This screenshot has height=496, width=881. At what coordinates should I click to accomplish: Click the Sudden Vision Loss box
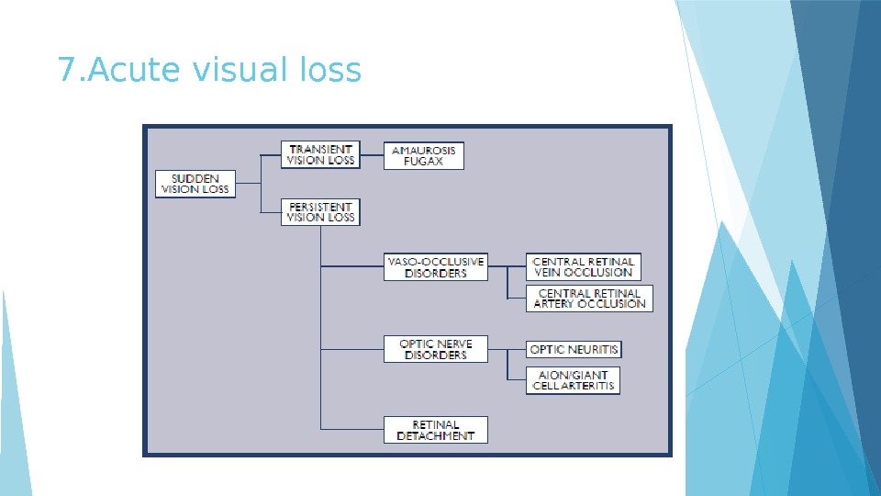195,183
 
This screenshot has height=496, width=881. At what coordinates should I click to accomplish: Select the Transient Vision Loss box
320,154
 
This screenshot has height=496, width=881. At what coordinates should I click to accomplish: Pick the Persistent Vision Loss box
320,211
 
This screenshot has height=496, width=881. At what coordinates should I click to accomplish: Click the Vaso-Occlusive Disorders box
436,267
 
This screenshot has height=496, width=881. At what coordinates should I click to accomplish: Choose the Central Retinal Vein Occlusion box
583,267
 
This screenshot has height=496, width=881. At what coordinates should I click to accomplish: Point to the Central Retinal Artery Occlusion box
589,299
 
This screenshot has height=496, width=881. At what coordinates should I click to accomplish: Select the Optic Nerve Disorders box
436,349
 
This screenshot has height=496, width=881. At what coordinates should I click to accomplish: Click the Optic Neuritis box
574,350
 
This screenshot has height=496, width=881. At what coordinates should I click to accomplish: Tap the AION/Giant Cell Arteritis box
573,380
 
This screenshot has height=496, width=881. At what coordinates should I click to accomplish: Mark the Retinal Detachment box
436,430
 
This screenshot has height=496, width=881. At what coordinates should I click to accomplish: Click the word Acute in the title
118,69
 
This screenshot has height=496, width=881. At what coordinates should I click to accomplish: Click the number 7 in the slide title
65,69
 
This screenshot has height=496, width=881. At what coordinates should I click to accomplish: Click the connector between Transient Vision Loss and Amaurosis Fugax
371,155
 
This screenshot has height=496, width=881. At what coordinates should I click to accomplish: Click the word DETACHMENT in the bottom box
436,435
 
